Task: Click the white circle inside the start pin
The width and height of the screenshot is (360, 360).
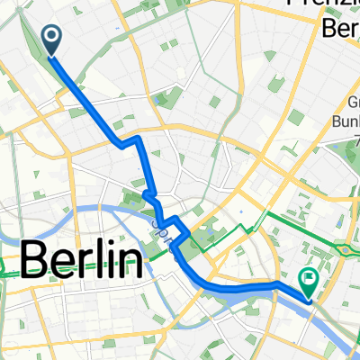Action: (x=50, y=36)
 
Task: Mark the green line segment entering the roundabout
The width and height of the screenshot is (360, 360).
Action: (x=333, y=242)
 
